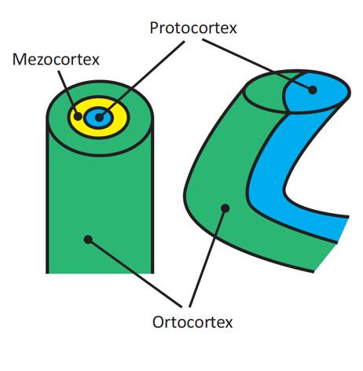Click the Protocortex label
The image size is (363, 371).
(x=193, y=28)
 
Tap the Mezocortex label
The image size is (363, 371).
(x=56, y=60)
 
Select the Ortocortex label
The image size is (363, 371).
(x=192, y=322)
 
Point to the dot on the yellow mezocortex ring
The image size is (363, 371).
(x=78, y=116)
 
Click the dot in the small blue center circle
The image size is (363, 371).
(x=99, y=117)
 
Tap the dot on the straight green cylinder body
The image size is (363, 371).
(x=88, y=240)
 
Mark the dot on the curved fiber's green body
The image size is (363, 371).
(x=225, y=208)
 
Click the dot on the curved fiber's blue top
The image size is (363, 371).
(x=312, y=90)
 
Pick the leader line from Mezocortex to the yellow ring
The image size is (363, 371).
(x=68, y=93)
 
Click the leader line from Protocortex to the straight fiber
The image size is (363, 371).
(x=141, y=79)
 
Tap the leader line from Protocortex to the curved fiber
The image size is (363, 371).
(x=257, y=64)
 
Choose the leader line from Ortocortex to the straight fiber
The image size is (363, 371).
(x=134, y=273)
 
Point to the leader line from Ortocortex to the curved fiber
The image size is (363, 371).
(x=207, y=258)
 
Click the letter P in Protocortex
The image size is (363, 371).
(x=154, y=28)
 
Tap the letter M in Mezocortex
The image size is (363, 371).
(x=19, y=60)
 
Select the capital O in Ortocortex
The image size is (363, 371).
(x=159, y=322)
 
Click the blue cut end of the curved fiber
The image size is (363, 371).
(x=317, y=92)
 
